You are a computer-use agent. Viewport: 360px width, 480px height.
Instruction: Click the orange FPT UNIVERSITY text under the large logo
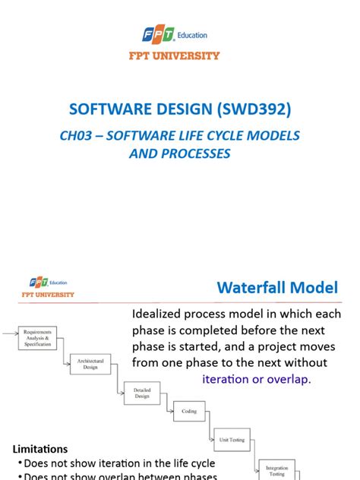pos(179,55)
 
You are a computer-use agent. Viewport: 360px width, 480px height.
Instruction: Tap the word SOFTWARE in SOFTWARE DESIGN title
pos(106,109)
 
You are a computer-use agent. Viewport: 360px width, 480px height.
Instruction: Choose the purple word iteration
pos(229,378)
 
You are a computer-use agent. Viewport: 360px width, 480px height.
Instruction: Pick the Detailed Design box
pos(142,392)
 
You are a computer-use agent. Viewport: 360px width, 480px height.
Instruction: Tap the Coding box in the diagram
pos(189,412)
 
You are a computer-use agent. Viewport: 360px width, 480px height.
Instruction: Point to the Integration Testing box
pos(278,469)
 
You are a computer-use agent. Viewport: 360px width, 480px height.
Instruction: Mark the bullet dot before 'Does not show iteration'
pos(18,463)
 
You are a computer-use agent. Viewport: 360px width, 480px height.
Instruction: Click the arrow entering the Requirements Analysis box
pos(9,332)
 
